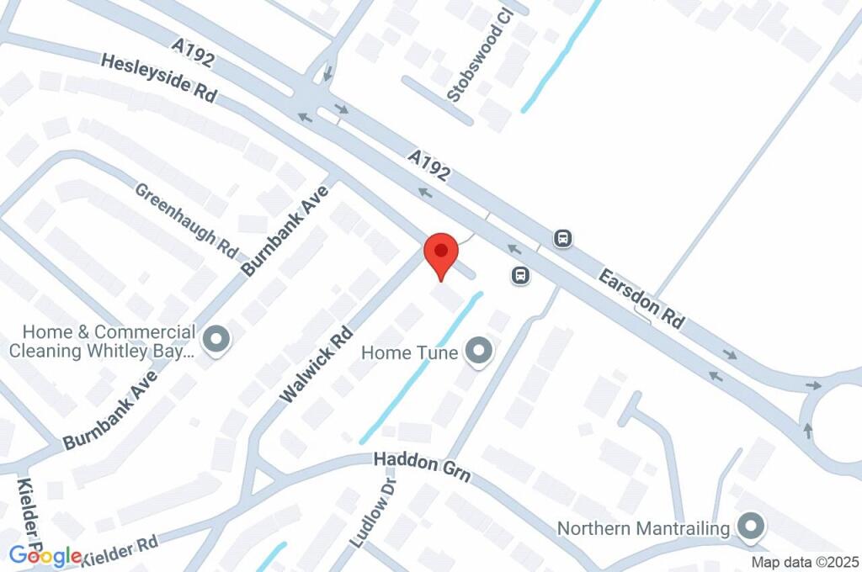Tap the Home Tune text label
point(410,352)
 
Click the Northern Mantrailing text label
point(644,528)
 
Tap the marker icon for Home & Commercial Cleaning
point(217,340)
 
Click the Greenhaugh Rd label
point(187,220)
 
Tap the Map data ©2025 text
point(804,562)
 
